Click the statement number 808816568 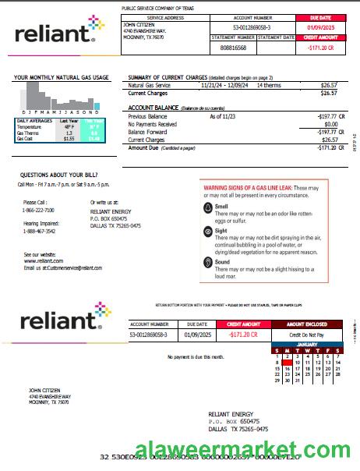coord(233,48)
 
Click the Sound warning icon coord(208,264)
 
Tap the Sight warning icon coord(208,232)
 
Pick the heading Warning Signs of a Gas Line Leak coord(249,189)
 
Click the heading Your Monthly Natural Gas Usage coord(62,77)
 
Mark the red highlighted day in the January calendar coord(288,363)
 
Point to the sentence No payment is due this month coord(196,356)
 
